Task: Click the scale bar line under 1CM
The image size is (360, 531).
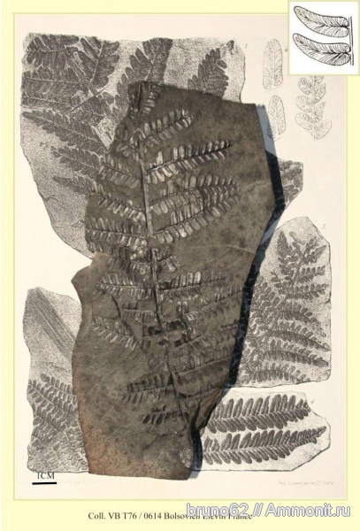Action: click(x=44, y=483)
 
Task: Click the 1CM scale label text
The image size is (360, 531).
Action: click(x=44, y=476)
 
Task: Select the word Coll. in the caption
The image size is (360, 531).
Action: click(x=97, y=514)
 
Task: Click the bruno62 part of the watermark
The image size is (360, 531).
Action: click(x=247, y=512)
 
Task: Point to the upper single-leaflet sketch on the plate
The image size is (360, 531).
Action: click(x=274, y=63)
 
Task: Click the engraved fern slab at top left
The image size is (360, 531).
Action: click(x=71, y=97)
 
